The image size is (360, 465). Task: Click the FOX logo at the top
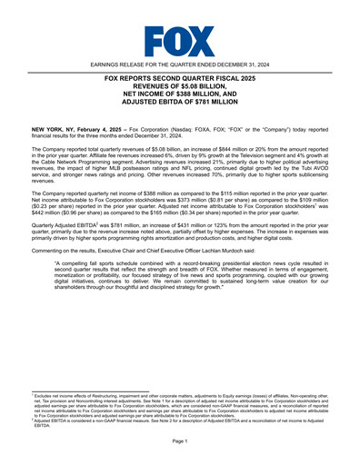[x=179, y=40]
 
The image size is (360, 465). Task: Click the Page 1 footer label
[x=179, y=440]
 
